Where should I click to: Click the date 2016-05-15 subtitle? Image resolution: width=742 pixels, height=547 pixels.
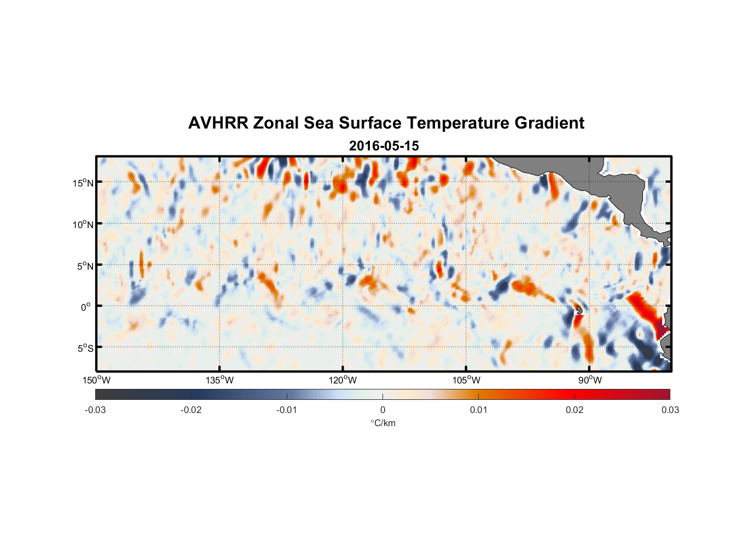(x=384, y=146)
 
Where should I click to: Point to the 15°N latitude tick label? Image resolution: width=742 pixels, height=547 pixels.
(x=83, y=183)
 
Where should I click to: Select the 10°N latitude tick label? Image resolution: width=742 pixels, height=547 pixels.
(x=83, y=224)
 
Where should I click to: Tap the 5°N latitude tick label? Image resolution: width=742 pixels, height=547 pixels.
(x=85, y=266)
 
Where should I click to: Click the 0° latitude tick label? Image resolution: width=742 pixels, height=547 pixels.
(x=86, y=307)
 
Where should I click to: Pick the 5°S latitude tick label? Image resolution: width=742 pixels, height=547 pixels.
(x=85, y=348)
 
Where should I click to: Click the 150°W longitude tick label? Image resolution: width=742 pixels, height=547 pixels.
(x=96, y=380)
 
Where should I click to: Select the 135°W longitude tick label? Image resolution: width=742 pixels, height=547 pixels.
(x=219, y=380)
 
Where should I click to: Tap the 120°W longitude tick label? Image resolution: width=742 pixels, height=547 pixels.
(x=343, y=380)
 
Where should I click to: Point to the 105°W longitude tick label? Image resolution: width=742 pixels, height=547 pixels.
(x=466, y=380)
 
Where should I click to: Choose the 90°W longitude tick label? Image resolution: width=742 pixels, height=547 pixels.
(x=589, y=380)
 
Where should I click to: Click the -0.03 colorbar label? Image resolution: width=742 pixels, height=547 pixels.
(x=95, y=410)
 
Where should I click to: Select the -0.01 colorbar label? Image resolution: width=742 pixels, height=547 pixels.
(x=287, y=410)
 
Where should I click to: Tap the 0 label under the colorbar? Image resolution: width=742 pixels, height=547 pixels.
(x=382, y=410)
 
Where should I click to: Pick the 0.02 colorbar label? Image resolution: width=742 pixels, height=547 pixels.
(x=575, y=410)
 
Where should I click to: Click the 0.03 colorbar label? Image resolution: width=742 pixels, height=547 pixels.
(x=670, y=410)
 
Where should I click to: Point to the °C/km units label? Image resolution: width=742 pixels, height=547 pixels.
(x=382, y=423)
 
